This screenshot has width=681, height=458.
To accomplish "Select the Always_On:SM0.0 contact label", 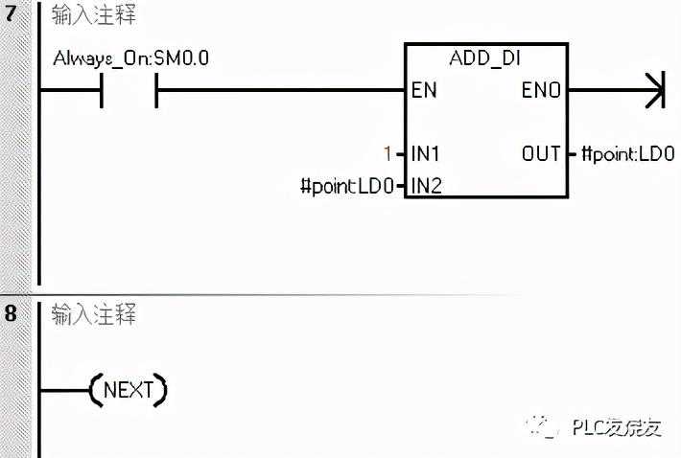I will pyautogui.click(x=131, y=59).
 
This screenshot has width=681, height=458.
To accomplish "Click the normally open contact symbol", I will pyautogui.click(x=129, y=92).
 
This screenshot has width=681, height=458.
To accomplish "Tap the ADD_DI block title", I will pyautogui.click(x=485, y=59).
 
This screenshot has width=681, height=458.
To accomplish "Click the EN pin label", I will pyautogui.click(x=423, y=92).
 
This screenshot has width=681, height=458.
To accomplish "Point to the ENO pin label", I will pyautogui.click(x=541, y=92).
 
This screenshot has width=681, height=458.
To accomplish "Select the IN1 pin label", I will pyautogui.click(x=426, y=153).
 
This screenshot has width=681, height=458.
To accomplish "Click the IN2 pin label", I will pyautogui.click(x=426, y=185).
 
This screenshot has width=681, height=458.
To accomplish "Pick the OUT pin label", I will pyautogui.click(x=542, y=153).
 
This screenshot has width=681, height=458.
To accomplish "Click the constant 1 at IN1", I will pyautogui.click(x=387, y=153).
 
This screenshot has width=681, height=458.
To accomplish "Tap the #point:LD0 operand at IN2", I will pyautogui.click(x=346, y=186).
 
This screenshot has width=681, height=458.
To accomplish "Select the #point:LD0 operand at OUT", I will pyautogui.click(x=628, y=153).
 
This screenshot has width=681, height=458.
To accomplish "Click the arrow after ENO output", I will pyautogui.click(x=654, y=92).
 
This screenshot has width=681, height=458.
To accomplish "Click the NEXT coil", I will pyautogui.click(x=128, y=390).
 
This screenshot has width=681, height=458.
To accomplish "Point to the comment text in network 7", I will pyautogui.click(x=94, y=16).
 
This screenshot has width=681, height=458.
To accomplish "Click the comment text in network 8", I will pyautogui.click(x=94, y=313).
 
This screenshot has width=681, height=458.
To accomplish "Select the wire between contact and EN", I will pyautogui.click(x=278, y=92).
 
